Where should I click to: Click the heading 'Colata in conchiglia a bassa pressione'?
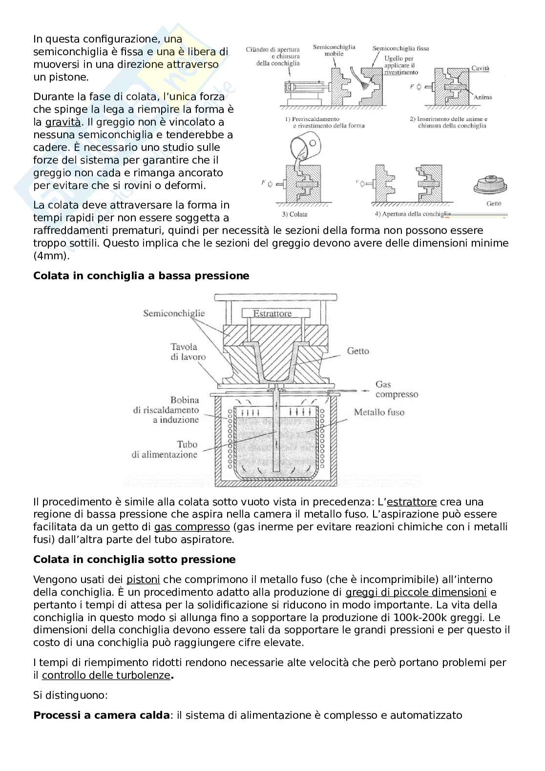141,276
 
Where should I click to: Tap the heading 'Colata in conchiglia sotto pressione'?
134,560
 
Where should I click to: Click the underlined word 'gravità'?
63,122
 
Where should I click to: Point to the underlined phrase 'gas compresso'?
192,527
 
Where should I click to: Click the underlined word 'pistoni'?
143,580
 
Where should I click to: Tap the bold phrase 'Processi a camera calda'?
102,715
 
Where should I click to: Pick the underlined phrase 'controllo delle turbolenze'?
106,675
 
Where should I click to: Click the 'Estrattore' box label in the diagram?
272,313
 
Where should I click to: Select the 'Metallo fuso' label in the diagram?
379,412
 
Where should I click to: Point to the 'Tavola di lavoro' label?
188,352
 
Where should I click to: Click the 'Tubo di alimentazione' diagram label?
165,449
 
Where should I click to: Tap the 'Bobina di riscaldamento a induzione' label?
166,410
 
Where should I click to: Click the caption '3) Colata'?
295,214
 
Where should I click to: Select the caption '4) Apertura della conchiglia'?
412,214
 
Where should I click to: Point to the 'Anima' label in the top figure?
482,97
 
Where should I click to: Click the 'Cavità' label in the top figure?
480,68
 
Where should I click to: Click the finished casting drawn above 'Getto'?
491,186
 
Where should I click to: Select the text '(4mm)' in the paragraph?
51,256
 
